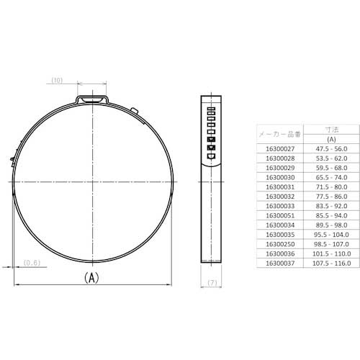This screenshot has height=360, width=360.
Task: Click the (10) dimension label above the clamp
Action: click(x=59, y=80)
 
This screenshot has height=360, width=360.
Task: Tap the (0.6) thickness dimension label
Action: click(x=32, y=262)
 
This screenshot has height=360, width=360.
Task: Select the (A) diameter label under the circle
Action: click(x=91, y=277)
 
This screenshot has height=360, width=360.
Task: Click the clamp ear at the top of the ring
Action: click(x=93, y=96)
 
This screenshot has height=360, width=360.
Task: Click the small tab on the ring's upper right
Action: click(x=135, y=111)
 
